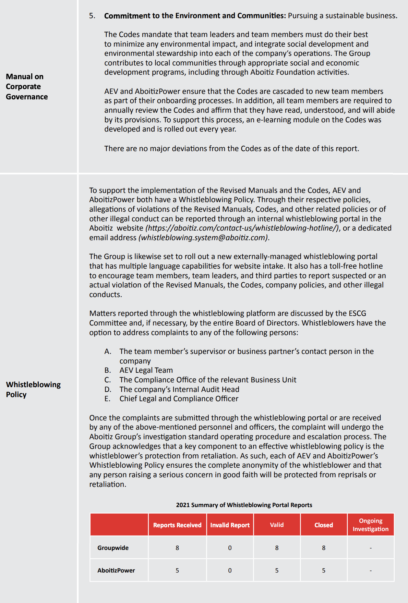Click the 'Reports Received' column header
[177, 525]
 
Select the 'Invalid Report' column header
[230, 525]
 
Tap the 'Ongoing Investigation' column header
[371, 525]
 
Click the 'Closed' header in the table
[324, 525]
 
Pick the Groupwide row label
[113, 547]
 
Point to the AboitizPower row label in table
[116, 570]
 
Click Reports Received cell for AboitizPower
[177, 570]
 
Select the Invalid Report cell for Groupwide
[230, 548]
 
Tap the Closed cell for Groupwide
[324, 548]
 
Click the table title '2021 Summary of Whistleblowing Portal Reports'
[244, 505]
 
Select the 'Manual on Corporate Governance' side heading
[27, 86]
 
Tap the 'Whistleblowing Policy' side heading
[33, 389]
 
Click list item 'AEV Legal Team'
[146, 370]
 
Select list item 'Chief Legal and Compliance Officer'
[179, 398]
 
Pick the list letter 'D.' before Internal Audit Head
[108, 389]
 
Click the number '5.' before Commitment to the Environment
[92, 16]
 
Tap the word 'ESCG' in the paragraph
[357, 313]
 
